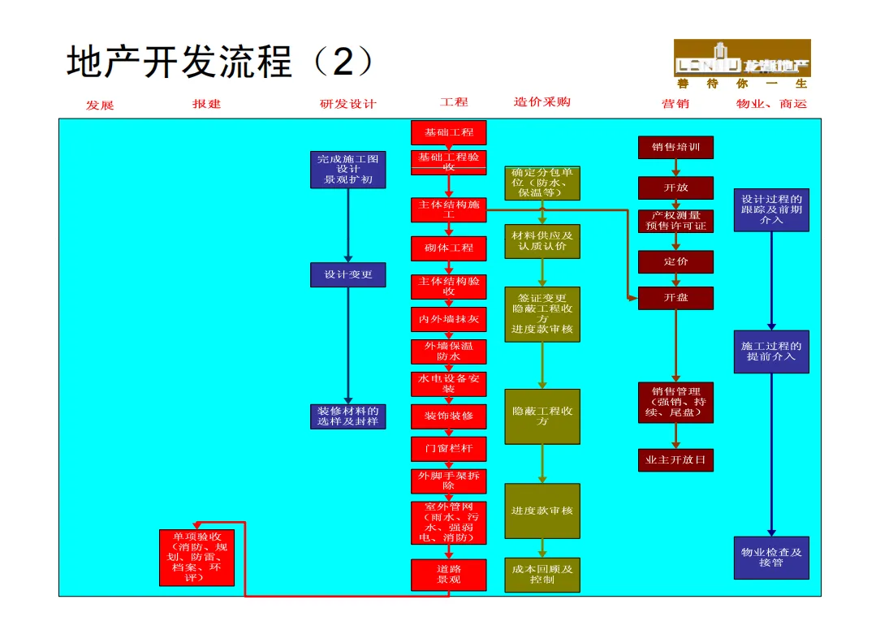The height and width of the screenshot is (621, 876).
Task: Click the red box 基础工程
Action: pyautogui.click(x=448, y=132)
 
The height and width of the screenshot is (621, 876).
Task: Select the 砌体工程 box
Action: pyautogui.click(x=448, y=248)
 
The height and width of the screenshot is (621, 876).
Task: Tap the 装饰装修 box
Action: pyautogui.click(x=448, y=416)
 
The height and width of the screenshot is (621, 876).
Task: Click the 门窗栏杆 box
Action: pyautogui.click(x=448, y=448)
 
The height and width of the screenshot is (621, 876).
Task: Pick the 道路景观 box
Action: pyautogui.click(x=448, y=575)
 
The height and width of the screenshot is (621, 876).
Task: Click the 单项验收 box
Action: pyautogui.click(x=196, y=558)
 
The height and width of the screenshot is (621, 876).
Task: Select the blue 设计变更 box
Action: pyautogui.click(x=347, y=274)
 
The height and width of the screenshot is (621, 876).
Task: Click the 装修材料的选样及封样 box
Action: pyautogui.click(x=347, y=416)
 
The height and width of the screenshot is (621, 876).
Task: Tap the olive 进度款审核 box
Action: pyautogui.click(x=542, y=511)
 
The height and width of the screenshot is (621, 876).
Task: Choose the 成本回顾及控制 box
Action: pyautogui.click(x=542, y=575)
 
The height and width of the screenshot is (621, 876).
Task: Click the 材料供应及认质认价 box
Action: pyautogui.click(x=542, y=241)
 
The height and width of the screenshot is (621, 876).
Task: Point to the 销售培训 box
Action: pyautogui.click(x=675, y=147)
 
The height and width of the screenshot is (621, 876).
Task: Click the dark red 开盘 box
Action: pyautogui.click(x=675, y=298)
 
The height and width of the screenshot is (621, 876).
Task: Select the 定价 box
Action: pyautogui.click(x=675, y=261)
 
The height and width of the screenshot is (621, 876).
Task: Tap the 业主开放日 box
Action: pyautogui.click(x=675, y=460)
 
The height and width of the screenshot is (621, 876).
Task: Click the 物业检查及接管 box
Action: pyautogui.click(x=771, y=558)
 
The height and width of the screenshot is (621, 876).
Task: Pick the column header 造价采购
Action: pyautogui.click(x=542, y=102)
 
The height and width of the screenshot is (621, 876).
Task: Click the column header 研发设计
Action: pyautogui.click(x=348, y=104)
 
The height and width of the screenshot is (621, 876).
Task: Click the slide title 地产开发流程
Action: pyautogui.click(x=179, y=63)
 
